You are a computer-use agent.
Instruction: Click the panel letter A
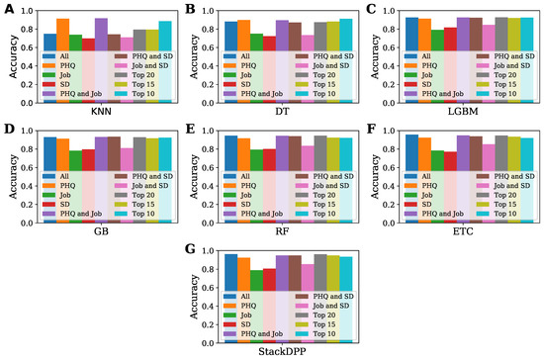[7, 9]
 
